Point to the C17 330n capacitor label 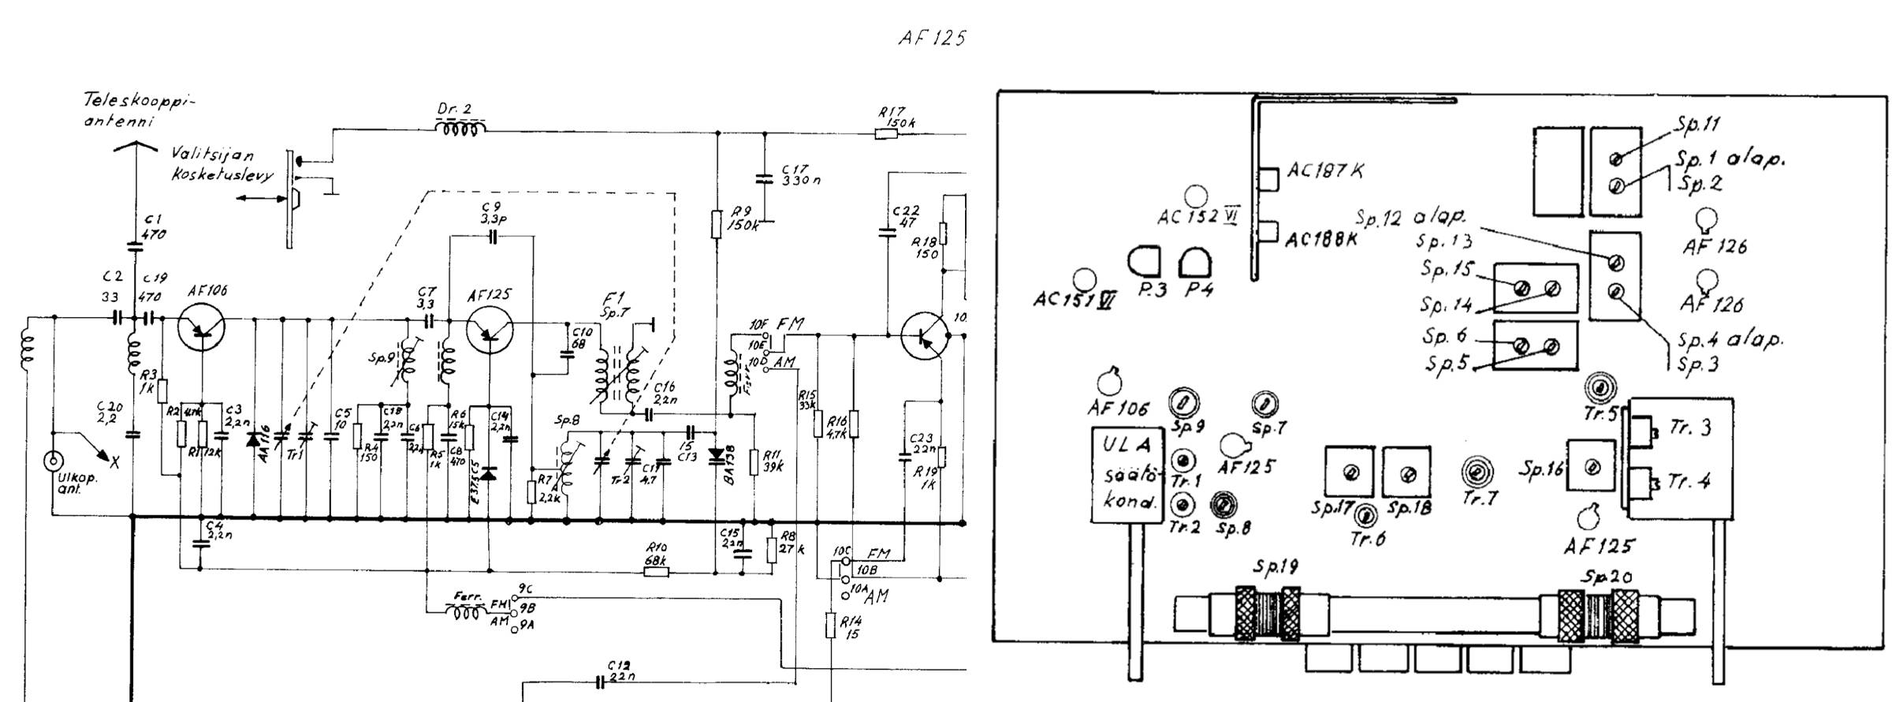pos(800,174)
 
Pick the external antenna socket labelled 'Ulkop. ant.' pos(54,460)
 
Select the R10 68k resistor pos(656,571)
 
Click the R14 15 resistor pos(831,625)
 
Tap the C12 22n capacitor pos(601,681)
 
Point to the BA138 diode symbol pos(716,455)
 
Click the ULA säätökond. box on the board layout pos(1125,475)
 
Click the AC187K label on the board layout pos(1325,171)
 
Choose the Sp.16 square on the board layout pos(1592,467)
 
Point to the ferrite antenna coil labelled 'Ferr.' pos(464,612)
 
